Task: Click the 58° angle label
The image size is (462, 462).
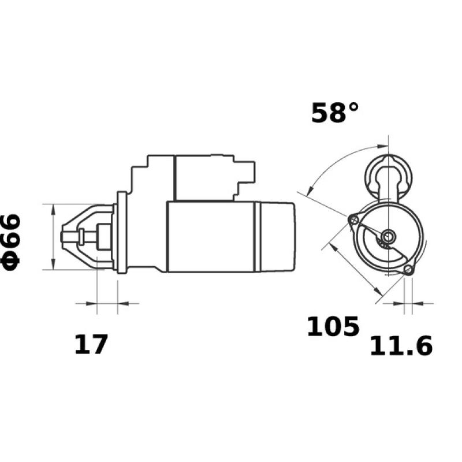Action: [334, 113]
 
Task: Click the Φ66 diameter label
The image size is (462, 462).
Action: [12, 241]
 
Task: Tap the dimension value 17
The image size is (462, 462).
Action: [91, 345]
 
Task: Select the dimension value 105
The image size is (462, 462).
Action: [333, 327]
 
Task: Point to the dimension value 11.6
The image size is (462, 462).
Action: [401, 346]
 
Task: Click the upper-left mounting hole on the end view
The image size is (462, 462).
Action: [354, 219]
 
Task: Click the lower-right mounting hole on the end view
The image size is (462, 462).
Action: [408, 270]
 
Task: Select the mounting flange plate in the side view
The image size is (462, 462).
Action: [121, 233]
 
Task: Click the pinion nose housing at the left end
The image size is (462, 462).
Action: [87, 236]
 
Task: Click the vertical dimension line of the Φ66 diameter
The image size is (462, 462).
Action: [53, 237]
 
